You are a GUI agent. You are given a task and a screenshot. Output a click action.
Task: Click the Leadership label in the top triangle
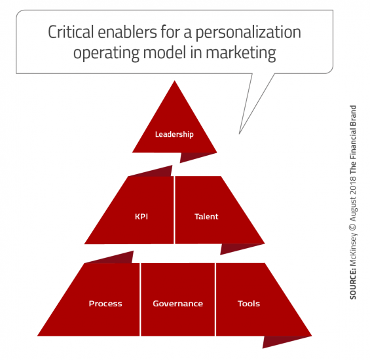point(174,134)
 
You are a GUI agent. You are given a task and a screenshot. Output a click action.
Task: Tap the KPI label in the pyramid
point(141,217)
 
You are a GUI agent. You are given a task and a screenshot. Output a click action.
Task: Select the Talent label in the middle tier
point(206,217)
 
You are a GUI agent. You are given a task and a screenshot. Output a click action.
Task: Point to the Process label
point(105,304)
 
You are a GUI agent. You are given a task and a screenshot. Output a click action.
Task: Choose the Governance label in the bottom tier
point(177,304)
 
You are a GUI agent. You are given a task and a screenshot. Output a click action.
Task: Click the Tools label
point(249,304)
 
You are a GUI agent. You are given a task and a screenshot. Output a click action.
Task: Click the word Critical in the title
point(71,32)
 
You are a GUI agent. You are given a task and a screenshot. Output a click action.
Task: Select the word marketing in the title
point(241,54)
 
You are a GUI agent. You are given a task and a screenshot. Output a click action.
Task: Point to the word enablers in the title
point(127,32)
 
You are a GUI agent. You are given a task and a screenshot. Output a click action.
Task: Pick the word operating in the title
point(106,54)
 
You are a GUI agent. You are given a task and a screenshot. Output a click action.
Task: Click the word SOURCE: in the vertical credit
point(353,285)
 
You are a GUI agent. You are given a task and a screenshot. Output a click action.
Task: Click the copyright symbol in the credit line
point(353,226)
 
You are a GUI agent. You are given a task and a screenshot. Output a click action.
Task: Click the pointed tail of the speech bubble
point(240,133)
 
